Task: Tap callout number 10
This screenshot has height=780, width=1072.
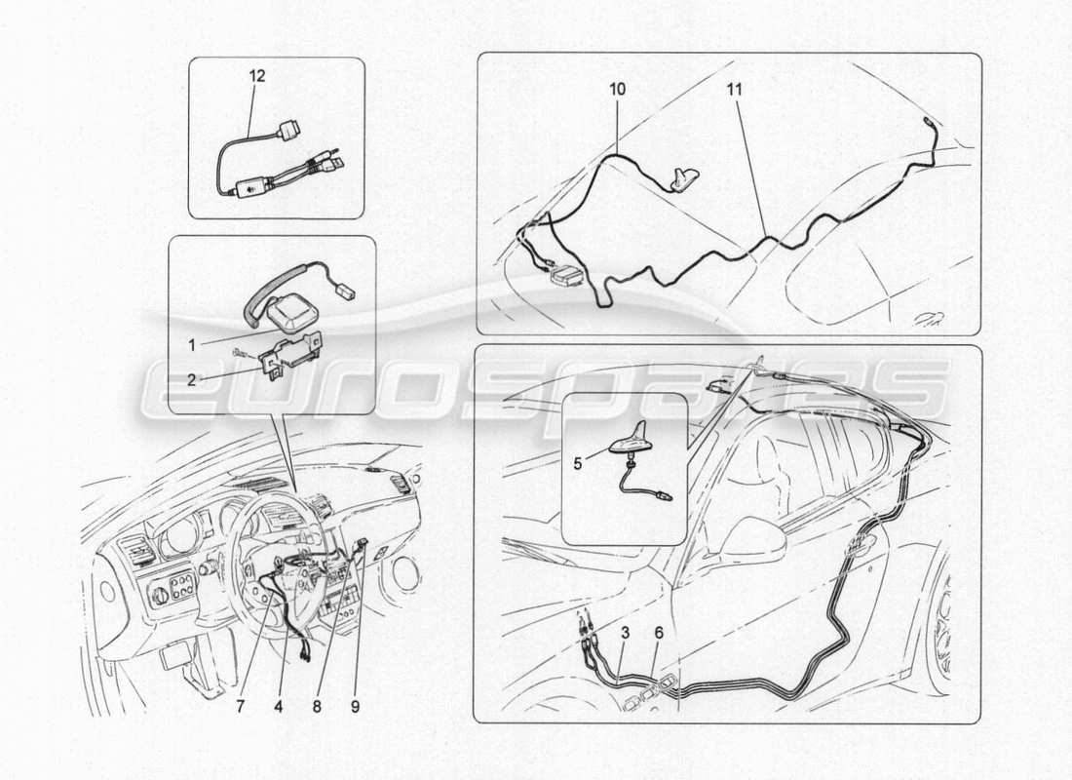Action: (619, 89)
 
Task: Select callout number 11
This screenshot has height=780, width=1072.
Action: (734, 89)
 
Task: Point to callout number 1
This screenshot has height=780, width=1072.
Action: (193, 343)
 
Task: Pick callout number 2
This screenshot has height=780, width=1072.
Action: (193, 379)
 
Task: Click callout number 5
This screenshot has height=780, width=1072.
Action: (577, 464)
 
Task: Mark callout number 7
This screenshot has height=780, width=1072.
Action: (241, 708)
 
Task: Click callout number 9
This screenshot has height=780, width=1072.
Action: (355, 708)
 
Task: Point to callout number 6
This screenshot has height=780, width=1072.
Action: (659, 633)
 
